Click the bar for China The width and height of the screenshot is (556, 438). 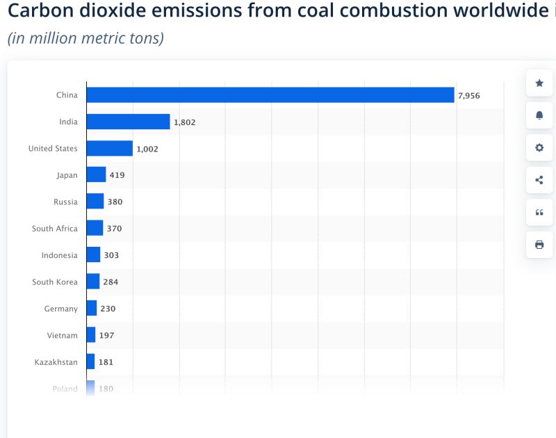coord(270,95)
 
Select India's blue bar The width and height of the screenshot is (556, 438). coord(128,122)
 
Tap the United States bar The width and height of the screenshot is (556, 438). coord(109,149)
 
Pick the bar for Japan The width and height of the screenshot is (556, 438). coord(96,175)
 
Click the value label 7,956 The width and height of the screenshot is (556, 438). coord(469,95)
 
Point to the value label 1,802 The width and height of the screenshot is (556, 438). coord(185,122)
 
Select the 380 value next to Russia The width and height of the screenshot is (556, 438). coord(115,202)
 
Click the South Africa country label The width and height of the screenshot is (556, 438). coord(55,229)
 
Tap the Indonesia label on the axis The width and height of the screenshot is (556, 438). coord(59,255)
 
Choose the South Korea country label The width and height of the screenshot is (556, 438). coord(55,282)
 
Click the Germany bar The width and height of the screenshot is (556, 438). coord(92,309)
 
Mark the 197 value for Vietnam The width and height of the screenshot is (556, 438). coord(106,335)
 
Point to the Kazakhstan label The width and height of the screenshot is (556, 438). coord(56,362)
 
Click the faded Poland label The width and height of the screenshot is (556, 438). coord(65,389)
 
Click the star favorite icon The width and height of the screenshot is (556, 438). coord(539,83)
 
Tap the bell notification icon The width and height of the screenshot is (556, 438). coord(539,115)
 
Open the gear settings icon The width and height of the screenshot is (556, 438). coord(539,148)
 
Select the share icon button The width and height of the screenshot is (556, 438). coord(539,180)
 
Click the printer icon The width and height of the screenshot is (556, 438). coord(539,245)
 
